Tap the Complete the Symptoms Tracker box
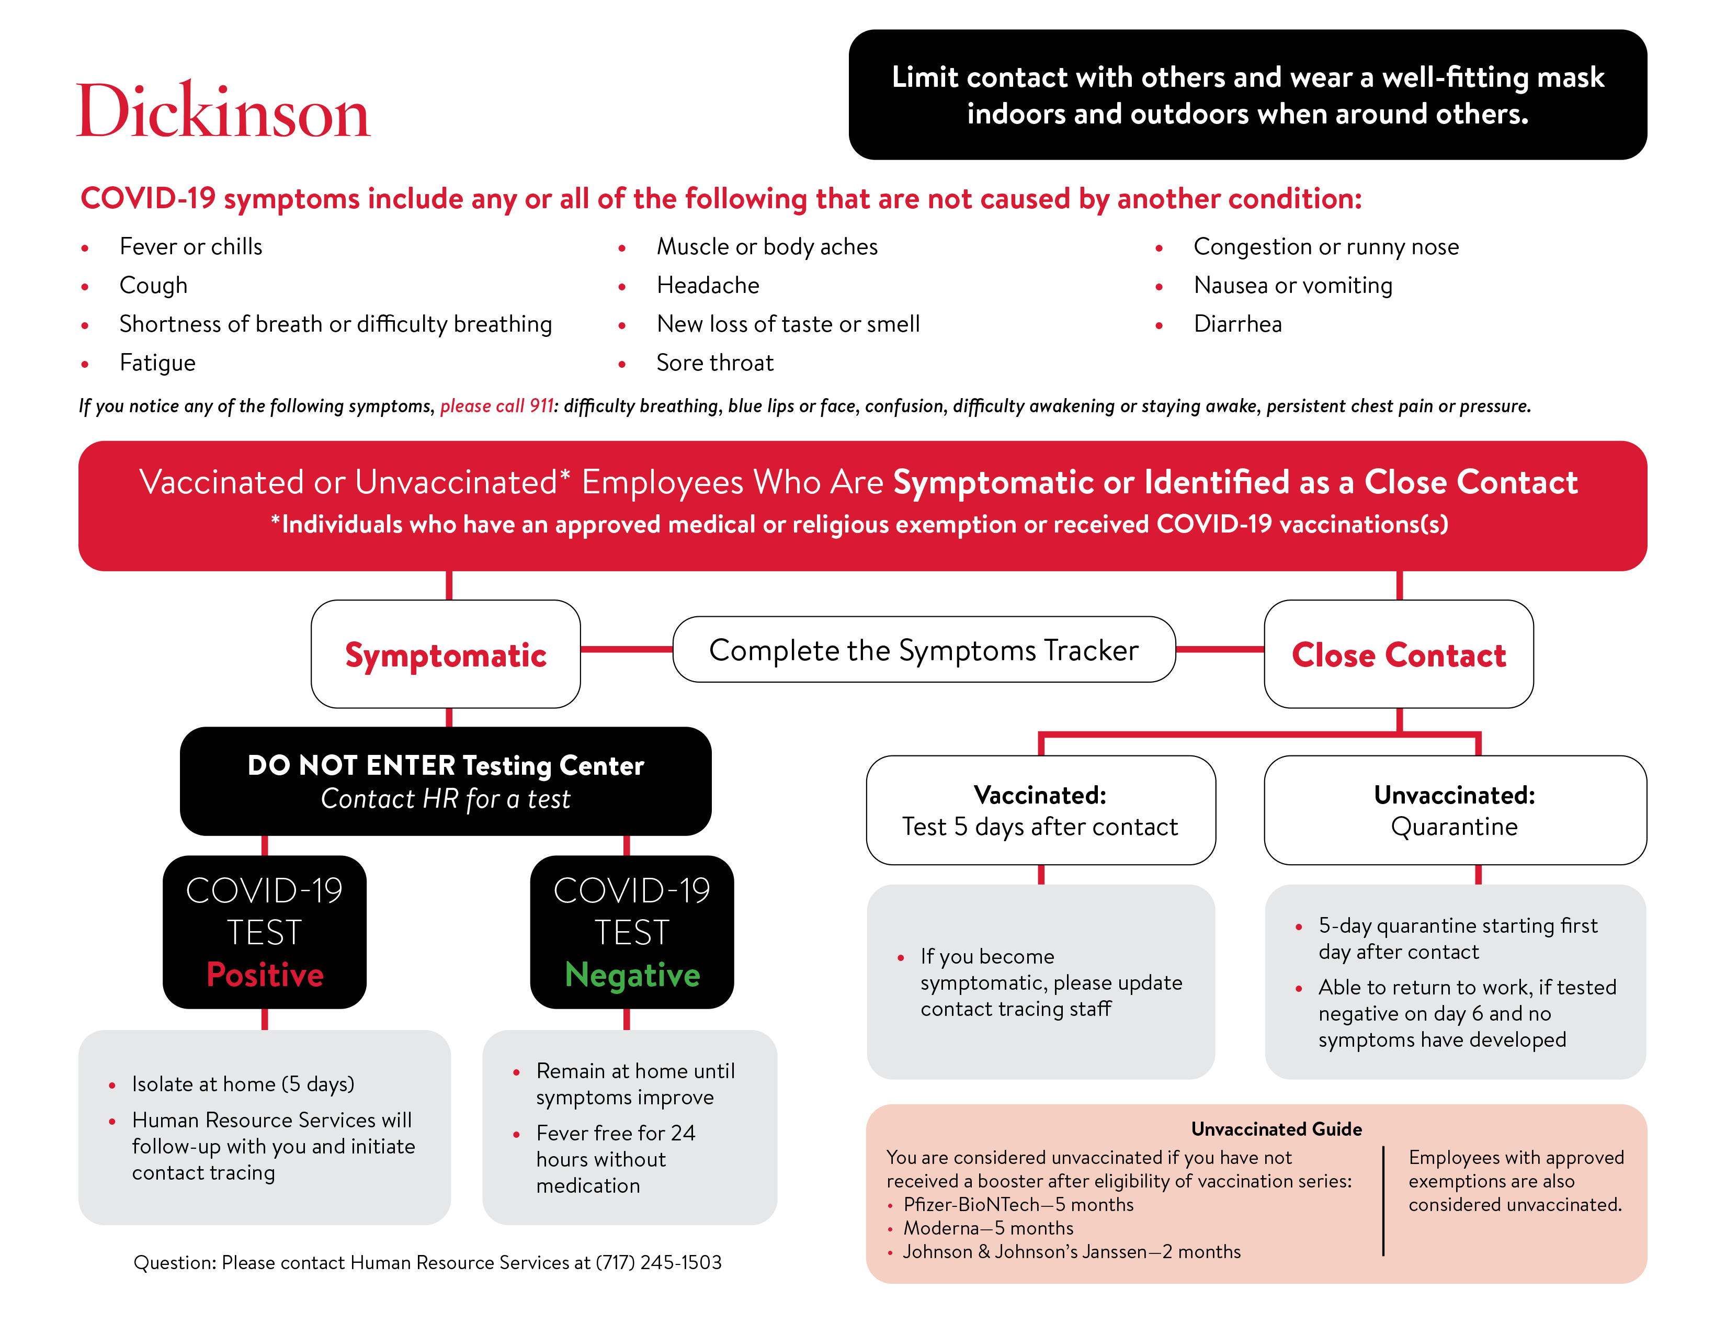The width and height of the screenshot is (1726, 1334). click(x=924, y=650)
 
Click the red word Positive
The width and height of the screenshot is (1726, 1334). click(x=265, y=975)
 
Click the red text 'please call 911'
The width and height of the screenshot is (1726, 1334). click(x=497, y=406)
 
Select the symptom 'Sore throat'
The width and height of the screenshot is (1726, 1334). click(x=715, y=363)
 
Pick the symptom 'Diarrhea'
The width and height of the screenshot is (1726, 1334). click(x=1237, y=324)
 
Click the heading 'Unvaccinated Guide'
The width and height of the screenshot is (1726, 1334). click(x=1276, y=1128)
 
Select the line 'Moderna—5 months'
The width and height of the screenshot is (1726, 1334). click(x=988, y=1228)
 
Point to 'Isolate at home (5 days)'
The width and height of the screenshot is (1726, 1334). click(x=243, y=1084)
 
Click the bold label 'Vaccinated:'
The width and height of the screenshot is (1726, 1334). click(x=1040, y=795)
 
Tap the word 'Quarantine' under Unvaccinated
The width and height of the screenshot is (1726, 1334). click(x=1454, y=827)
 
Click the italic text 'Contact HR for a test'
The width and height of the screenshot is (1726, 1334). click(x=445, y=799)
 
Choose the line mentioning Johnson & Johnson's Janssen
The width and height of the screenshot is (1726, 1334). click(x=1072, y=1252)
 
